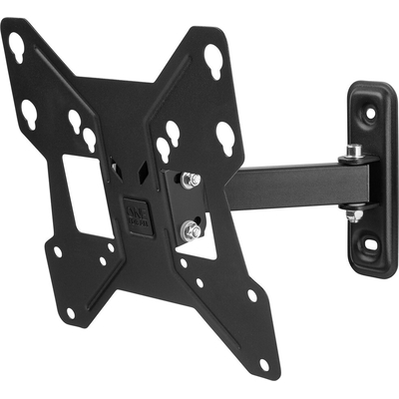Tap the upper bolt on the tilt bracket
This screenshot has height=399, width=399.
coord(192,181)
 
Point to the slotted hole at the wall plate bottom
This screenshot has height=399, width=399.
coord(368,239)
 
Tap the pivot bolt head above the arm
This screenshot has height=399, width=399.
coord(351,152)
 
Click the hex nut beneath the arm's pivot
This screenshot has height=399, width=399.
coord(352,213)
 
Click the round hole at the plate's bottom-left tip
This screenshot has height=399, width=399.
coord(70,312)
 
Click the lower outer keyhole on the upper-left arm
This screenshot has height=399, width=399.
coord(29,111)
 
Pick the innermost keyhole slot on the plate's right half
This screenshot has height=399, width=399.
coord(163,150)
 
